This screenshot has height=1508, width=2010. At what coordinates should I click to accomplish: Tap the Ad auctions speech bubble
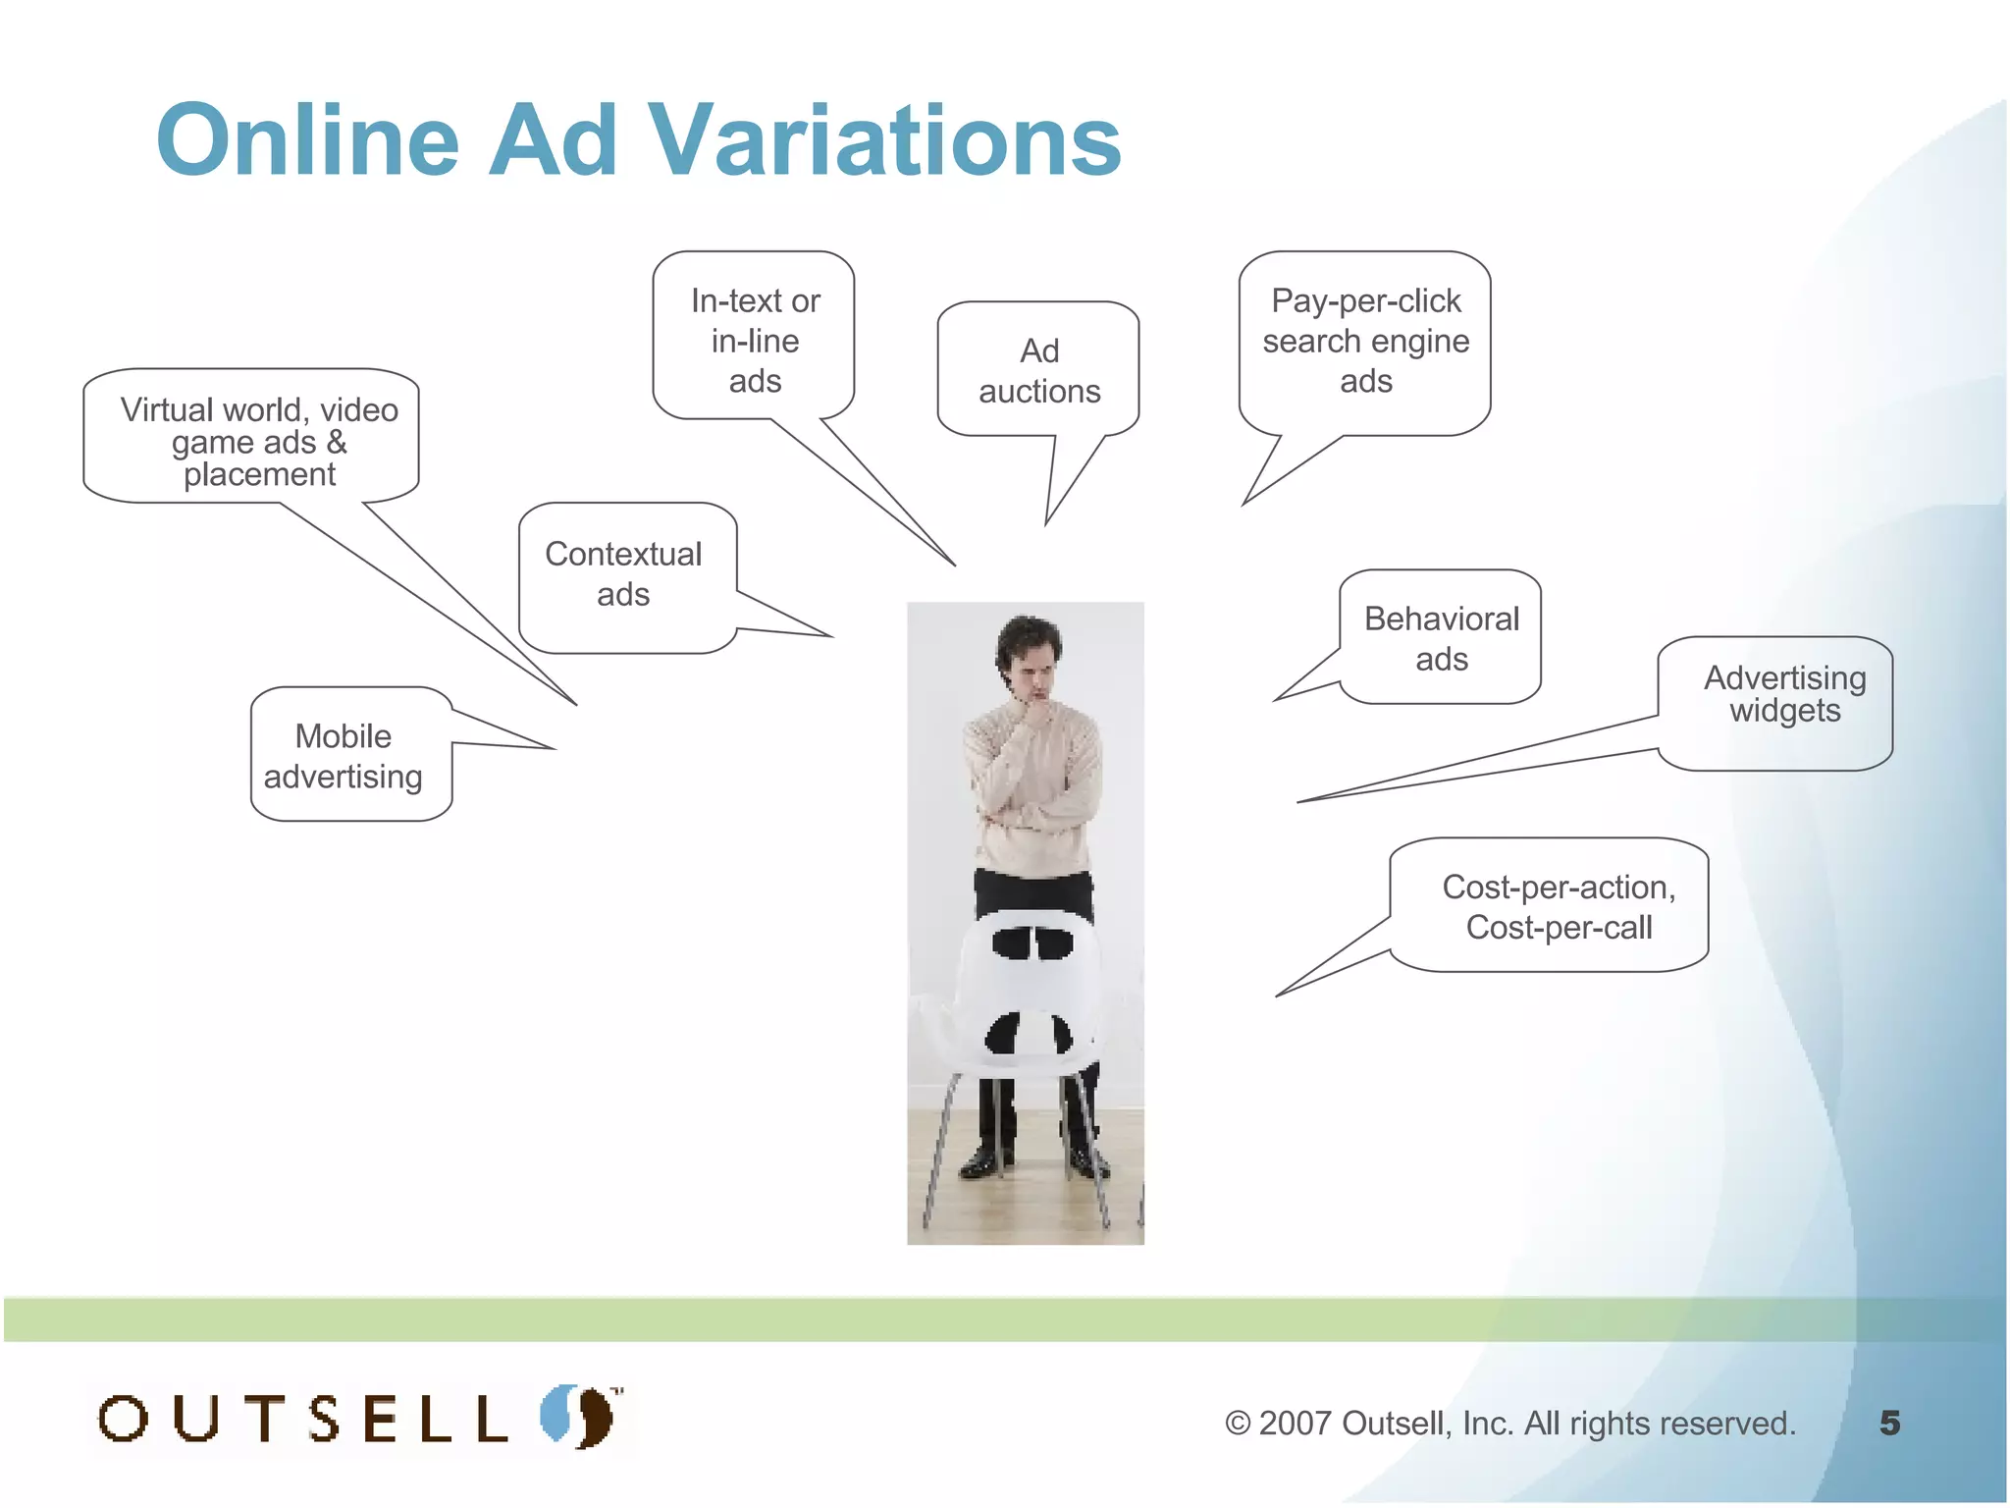[1038, 370]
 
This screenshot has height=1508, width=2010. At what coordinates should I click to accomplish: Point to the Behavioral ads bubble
[1440, 638]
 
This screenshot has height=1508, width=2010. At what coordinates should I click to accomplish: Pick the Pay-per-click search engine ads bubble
[1364, 342]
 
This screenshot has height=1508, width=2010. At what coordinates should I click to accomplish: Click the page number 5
[1889, 1423]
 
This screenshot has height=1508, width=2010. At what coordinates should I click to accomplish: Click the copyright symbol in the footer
[1238, 1424]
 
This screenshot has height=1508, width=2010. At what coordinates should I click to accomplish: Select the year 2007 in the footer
[1295, 1424]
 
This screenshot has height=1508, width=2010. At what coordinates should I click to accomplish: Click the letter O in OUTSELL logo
[124, 1419]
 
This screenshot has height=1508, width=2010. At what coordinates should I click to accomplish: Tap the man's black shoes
[1031, 1163]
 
